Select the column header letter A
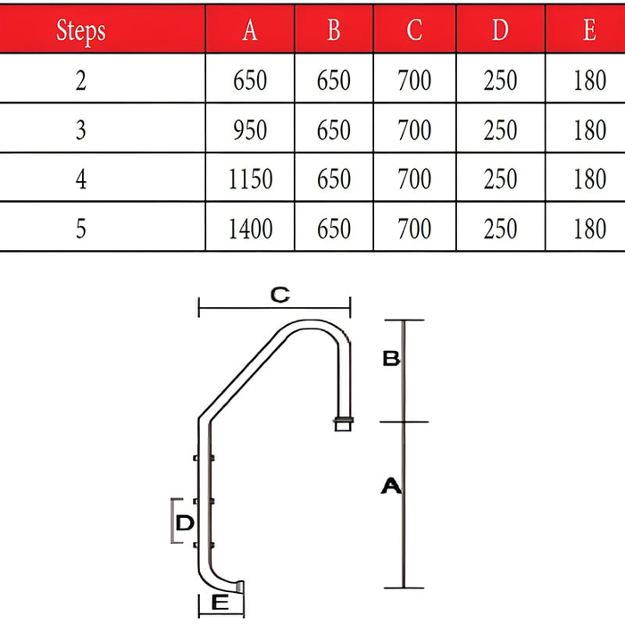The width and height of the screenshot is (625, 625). [x=250, y=29]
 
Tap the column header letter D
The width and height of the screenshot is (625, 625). [x=500, y=29]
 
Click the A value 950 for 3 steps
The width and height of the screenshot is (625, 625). [x=250, y=130]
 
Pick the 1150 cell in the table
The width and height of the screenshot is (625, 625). [x=250, y=179]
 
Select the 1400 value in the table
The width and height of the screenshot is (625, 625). [x=250, y=229]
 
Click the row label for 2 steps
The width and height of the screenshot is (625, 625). [x=81, y=80]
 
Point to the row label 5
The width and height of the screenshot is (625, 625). [x=81, y=229]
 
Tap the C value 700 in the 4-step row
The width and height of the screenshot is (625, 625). [x=414, y=179]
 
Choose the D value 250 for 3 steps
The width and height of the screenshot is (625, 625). [x=500, y=130]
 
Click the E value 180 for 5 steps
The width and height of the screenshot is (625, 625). [x=590, y=229]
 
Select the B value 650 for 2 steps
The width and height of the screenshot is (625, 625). [x=334, y=80]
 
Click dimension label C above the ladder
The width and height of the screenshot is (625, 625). [x=279, y=295]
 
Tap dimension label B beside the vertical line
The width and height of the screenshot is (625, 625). [x=391, y=358]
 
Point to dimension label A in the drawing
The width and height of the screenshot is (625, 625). [x=391, y=486]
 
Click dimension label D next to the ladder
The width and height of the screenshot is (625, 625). [x=185, y=522]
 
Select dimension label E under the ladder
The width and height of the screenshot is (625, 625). [x=220, y=603]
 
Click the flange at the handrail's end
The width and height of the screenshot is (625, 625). [x=343, y=424]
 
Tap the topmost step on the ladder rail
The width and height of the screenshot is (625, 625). [x=204, y=458]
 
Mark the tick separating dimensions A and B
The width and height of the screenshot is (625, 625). [x=404, y=421]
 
